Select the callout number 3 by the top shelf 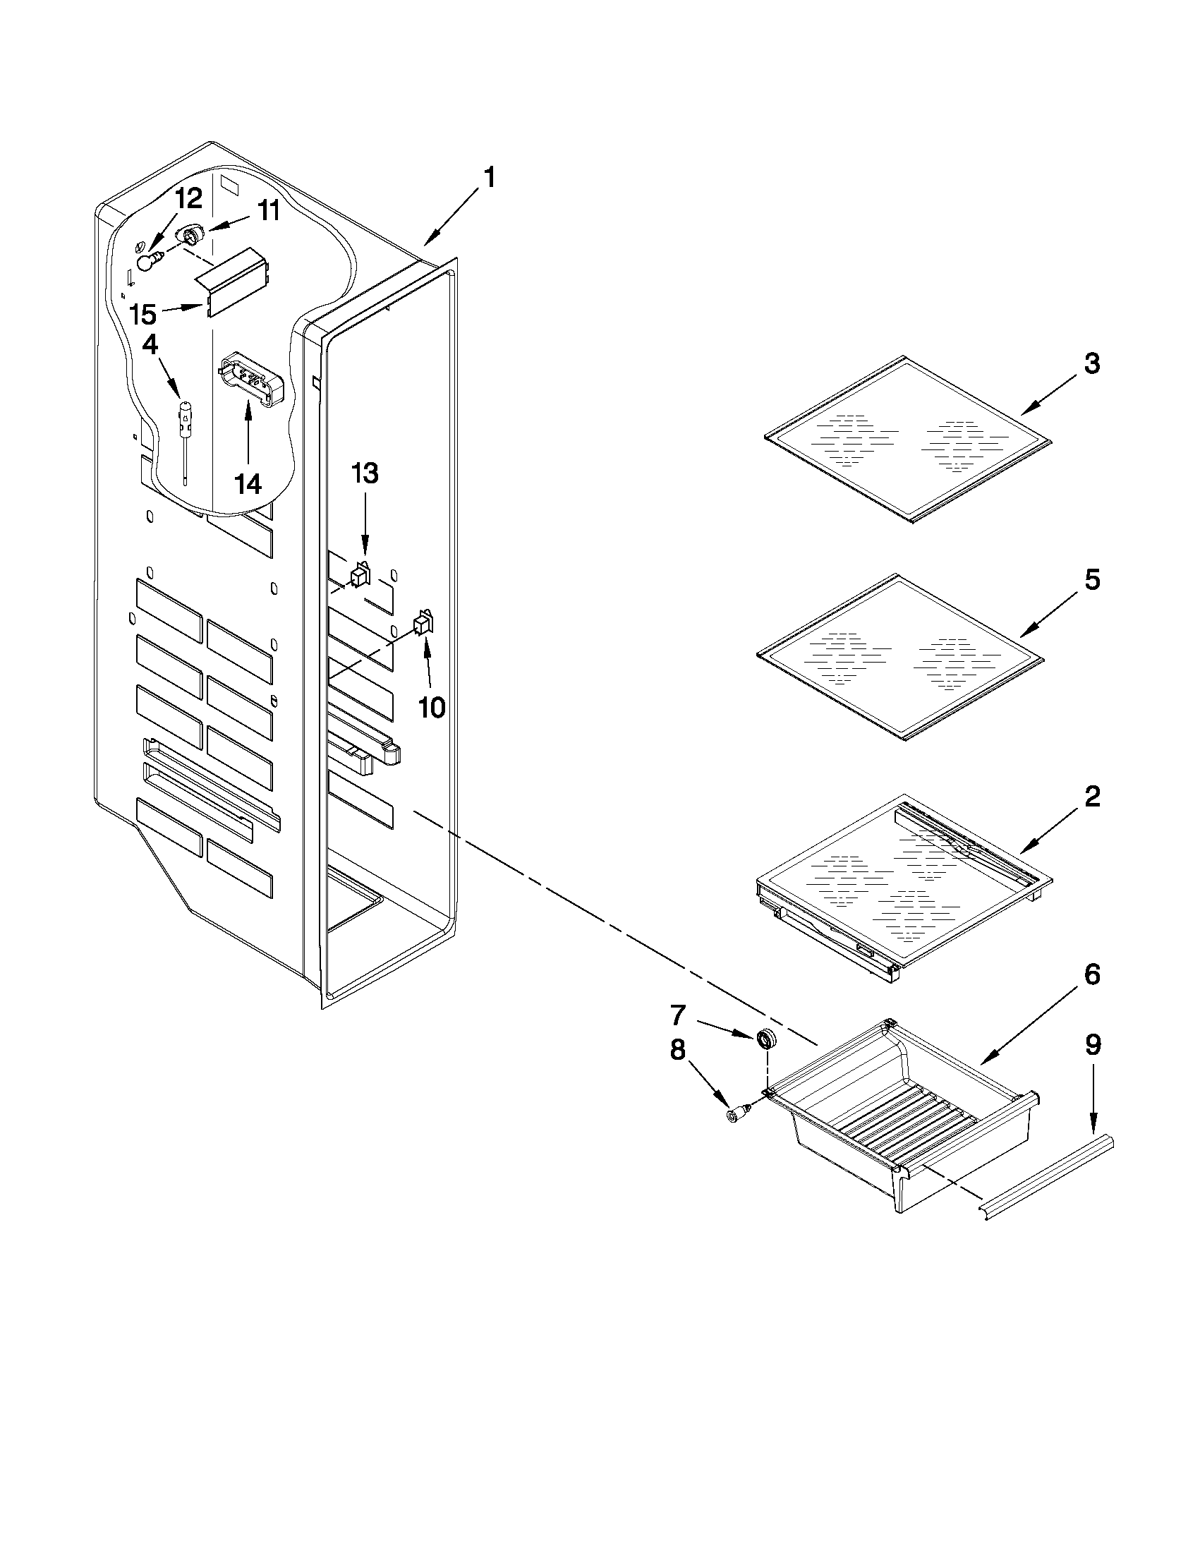pos(1091,364)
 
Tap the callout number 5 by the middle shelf pos(1091,580)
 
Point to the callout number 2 pos(1092,797)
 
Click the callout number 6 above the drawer pos(1092,974)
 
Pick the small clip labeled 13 pos(360,573)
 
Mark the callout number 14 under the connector pos(248,484)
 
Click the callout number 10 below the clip pos(431,707)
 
